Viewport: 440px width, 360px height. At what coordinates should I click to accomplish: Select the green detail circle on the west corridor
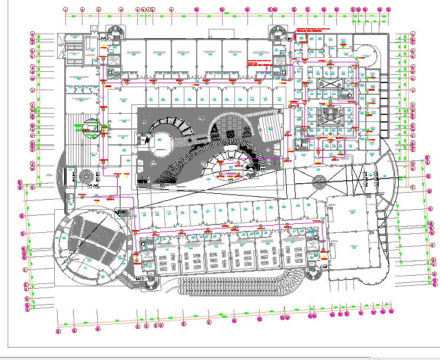(91, 127)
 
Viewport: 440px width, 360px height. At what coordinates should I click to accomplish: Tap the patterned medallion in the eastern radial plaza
(319, 180)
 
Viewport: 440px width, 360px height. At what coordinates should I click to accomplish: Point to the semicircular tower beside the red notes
(277, 32)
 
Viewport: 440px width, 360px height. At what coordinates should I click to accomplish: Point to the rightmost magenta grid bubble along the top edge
(389, 9)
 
